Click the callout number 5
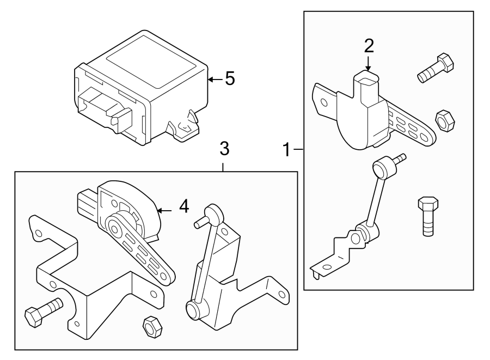230,79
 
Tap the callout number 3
224,149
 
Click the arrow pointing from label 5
215,80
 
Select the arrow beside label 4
165,209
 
